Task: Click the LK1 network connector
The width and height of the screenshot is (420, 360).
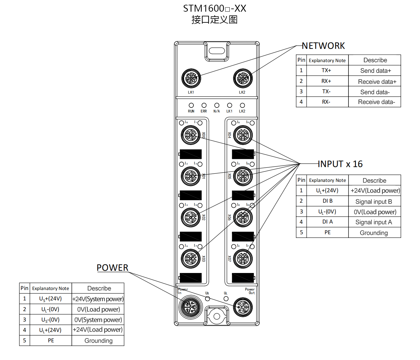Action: [x=191, y=78]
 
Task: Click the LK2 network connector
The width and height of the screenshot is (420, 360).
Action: [x=243, y=78]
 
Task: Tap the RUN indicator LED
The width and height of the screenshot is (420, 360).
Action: [x=191, y=105]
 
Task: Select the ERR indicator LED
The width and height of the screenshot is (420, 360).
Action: [x=204, y=105]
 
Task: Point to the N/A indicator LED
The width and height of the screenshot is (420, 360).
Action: [x=217, y=105]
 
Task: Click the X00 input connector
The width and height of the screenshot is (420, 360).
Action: [x=191, y=135]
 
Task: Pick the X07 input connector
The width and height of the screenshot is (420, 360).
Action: [x=243, y=258]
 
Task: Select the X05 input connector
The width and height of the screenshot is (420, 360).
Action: [x=243, y=176]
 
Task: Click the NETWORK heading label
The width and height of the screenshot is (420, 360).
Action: [x=323, y=46]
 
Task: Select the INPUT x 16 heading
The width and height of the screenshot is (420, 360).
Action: [x=340, y=164]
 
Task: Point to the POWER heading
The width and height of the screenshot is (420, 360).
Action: [x=112, y=268]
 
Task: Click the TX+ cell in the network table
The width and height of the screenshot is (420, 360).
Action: [x=326, y=70]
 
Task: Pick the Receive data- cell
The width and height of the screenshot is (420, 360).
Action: [x=376, y=102]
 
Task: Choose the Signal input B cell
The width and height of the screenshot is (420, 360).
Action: [x=374, y=201]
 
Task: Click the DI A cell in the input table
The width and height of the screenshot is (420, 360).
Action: [x=327, y=222]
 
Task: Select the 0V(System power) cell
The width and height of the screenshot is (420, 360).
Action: [x=98, y=320]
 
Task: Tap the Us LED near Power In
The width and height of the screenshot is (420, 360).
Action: [x=207, y=298]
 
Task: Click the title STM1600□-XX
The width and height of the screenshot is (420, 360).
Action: [x=215, y=9]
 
